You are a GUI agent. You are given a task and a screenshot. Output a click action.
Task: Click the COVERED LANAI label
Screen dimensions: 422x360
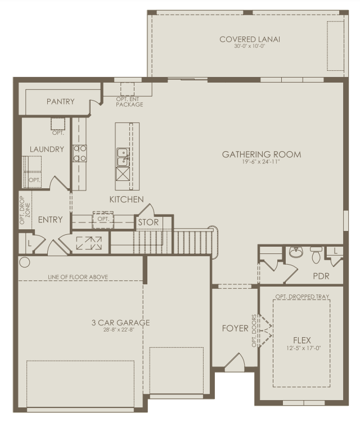(x=250, y=39)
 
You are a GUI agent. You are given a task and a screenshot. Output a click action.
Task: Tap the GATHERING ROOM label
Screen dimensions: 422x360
(x=261, y=155)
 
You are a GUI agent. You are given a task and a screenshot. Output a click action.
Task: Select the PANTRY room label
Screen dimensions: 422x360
(x=61, y=102)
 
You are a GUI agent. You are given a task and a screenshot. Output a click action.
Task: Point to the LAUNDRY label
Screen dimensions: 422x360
(x=47, y=149)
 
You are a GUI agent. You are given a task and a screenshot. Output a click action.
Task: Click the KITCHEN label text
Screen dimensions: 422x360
(x=126, y=199)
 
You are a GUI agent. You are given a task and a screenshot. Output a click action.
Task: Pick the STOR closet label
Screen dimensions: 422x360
(x=148, y=223)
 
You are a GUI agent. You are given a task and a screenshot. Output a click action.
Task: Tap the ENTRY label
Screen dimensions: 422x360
(x=50, y=220)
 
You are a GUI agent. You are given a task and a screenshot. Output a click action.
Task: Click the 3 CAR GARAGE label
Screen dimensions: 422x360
(x=120, y=323)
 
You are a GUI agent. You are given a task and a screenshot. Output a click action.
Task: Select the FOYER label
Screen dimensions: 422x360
(x=235, y=328)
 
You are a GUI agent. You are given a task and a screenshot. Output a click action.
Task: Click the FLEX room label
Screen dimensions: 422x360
(x=301, y=341)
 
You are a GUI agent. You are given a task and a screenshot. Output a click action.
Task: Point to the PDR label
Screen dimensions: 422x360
(x=321, y=276)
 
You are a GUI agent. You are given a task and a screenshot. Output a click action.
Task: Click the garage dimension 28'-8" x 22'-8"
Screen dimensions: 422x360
(x=120, y=330)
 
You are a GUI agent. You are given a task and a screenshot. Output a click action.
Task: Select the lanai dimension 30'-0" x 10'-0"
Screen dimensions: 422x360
(x=250, y=47)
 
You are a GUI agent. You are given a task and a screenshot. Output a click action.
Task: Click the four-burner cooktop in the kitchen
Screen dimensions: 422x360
(x=80, y=153)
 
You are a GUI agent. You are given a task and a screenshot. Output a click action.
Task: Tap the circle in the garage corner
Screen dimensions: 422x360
(x=24, y=262)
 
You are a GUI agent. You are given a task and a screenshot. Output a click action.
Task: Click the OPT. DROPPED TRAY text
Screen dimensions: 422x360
(x=302, y=296)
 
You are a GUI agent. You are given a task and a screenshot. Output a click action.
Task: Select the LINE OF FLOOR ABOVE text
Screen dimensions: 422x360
(x=78, y=277)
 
